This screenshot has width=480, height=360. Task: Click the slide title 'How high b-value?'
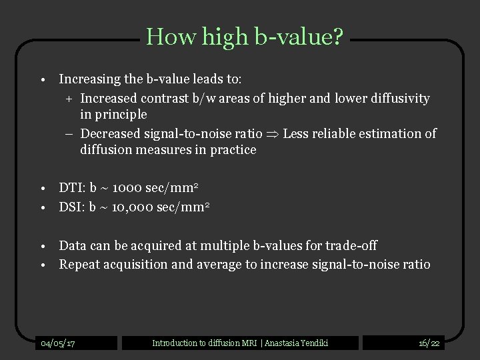(x=245, y=36)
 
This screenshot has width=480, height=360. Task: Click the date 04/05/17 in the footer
(x=58, y=343)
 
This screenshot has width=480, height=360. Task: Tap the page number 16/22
(x=429, y=343)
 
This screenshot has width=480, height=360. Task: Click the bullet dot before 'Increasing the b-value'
(x=42, y=80)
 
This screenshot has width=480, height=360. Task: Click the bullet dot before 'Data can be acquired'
(x=42, y=247)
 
